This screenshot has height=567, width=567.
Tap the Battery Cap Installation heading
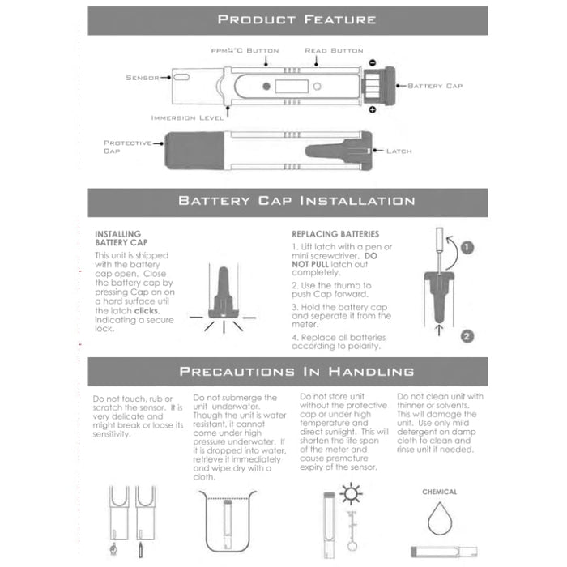click(296, 201)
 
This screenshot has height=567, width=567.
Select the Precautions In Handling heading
click(296, 372)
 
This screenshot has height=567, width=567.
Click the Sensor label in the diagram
click(143, 78)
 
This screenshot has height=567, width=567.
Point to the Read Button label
click(334, 50)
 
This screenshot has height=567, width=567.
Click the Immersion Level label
click(187, 117)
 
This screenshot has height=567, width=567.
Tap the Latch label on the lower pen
click(399, 151)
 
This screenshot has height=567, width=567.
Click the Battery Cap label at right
click(434, 85)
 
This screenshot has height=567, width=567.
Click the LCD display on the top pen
click(288, 87)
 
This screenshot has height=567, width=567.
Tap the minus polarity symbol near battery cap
click(371, 62)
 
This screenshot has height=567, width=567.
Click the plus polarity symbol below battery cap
click(372, 109)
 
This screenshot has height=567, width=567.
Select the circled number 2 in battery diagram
click(467, 335)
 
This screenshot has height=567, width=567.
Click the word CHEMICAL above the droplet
click(439, 492)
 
